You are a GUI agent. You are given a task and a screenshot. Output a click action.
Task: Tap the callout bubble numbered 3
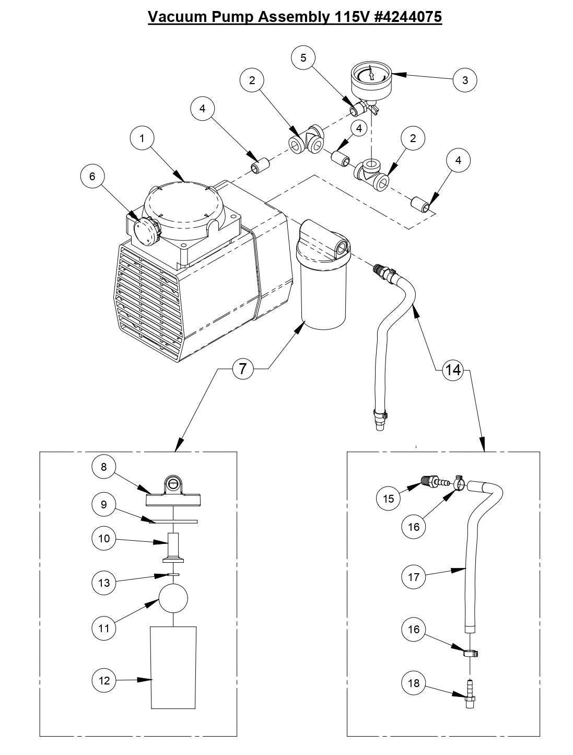(465, 80)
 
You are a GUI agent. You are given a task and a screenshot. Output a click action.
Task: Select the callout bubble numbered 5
(303, 57)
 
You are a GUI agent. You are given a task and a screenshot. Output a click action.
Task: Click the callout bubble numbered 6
(92, 177)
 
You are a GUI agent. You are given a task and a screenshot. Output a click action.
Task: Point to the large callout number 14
(452, 370)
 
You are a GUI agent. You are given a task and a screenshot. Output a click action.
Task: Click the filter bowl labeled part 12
(173, 667)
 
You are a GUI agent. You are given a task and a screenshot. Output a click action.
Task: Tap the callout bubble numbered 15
(389, 498)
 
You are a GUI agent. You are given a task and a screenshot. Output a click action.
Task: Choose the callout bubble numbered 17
(414, 577)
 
